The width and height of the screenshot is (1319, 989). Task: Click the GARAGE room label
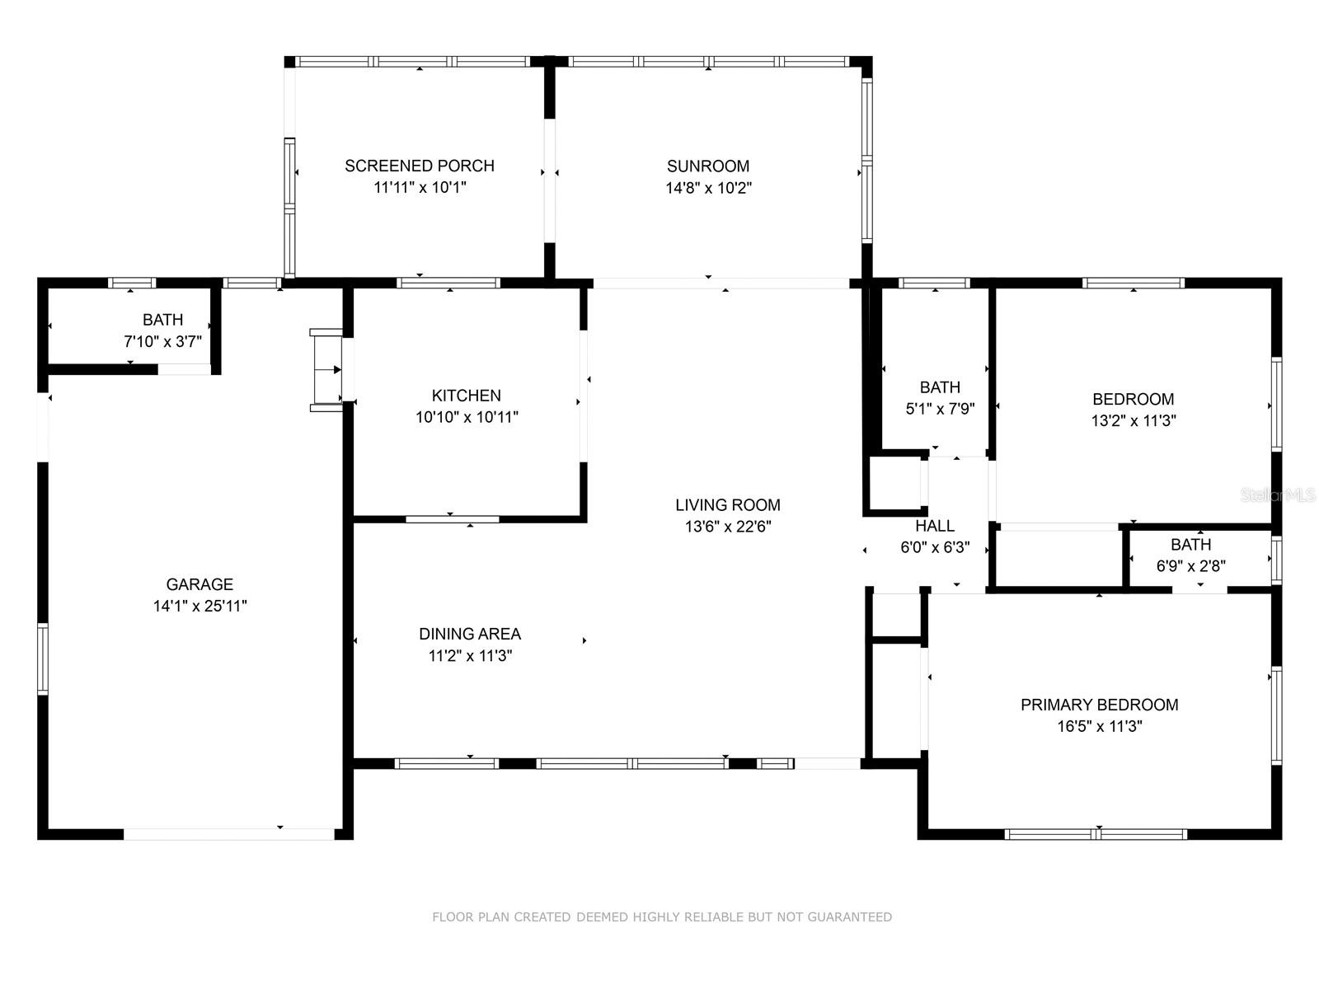coord(199,584)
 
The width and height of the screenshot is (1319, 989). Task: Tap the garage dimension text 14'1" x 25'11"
coord(200,606)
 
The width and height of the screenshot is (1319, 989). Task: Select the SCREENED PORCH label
coord(420,166)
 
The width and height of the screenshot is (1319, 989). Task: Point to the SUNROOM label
coord(708,166)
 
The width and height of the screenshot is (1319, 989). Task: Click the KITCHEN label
coord(467,395)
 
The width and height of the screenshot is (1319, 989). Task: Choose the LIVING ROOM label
coord(728,505)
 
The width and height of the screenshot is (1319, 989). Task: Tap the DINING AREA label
coord(470,634)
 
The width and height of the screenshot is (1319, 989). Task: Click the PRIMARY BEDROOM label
coord(1099,705)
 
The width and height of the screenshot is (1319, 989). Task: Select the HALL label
coord(935,526)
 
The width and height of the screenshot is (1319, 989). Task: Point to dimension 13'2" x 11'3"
coord(1134,420)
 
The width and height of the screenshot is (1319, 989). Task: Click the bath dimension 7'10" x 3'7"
coord(163,342)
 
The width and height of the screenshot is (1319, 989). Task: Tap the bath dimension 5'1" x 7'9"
coord(940,408)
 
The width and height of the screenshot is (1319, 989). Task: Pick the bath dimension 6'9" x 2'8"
coord(1191,565)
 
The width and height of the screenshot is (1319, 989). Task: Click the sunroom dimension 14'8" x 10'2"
coord(708,188)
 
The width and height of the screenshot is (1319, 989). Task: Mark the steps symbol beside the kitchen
coord(326,370)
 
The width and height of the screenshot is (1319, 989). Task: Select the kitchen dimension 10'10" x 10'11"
coord(467,417)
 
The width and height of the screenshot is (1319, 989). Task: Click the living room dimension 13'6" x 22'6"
coord(728,527)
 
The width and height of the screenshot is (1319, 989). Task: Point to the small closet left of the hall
coord(894,484)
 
